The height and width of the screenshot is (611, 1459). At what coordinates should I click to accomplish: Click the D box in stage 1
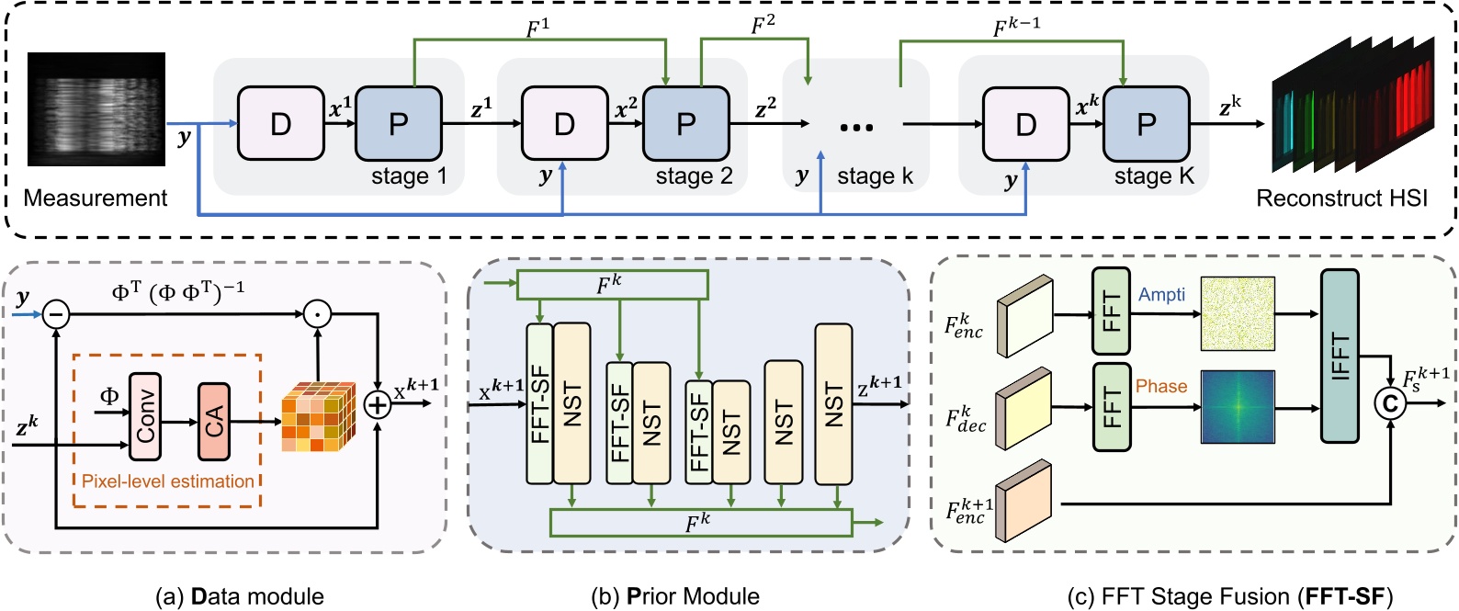pos(280,123)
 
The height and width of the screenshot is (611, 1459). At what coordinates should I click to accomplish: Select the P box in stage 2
pos(685,123)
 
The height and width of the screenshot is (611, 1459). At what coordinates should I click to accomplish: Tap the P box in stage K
pos(1146,123)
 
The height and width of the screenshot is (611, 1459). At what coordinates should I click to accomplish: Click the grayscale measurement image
pos(96,108)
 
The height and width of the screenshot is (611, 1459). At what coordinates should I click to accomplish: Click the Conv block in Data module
pos(145,417)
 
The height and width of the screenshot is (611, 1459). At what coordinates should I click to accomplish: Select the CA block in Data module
pos(213,421)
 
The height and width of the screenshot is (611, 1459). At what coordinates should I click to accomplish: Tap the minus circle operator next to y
pos(56,315)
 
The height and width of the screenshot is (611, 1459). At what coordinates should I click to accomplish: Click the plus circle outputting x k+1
pos(378,404)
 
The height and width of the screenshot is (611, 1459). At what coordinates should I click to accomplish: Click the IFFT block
pos(1340,356)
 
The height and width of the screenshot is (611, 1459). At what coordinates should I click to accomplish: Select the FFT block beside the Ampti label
pos(1111,311)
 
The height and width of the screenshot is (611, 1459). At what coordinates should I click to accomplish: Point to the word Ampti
pos(1161,295)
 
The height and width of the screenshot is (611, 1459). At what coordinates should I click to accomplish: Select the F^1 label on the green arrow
pos(537,29)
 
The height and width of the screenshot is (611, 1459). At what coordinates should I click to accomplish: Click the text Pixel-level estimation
pos(167,481)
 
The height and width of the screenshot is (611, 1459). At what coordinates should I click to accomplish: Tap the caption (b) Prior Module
pos(675,596)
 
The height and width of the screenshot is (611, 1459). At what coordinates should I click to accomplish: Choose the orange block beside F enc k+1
pos(1023,501)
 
